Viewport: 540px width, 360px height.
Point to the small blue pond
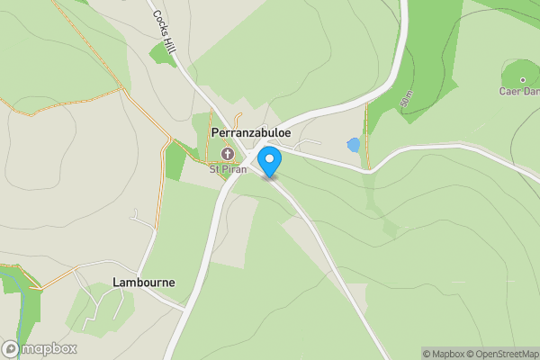pyautogui.click(x=354, y=144)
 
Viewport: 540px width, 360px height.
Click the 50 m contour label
pyautogui.click(x=406, y=99)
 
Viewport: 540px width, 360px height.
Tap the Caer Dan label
pyautogui.click(x=519, y=91)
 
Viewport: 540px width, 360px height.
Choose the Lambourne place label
pyautogui.click(x=144, y=282)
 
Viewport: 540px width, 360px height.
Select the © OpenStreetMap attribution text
pyautogui.click(x=499, y=354)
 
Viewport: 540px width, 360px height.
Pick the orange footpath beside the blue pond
pyautogui.click(x=367, y=135)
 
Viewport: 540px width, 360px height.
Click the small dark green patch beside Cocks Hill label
pyautogui.click(x=163, y=53)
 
